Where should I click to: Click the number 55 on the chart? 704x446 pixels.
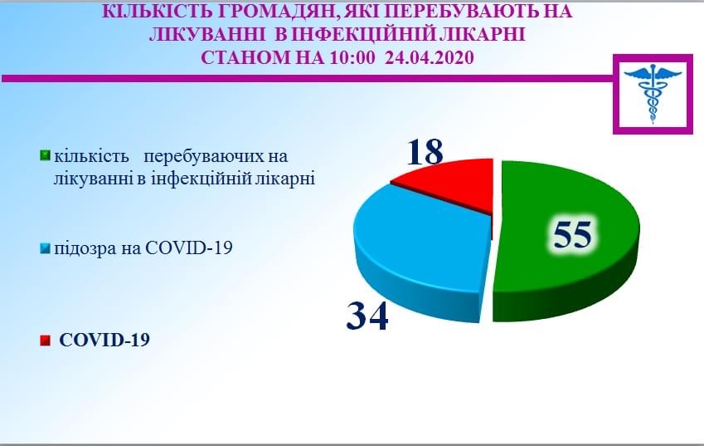pos(572,233)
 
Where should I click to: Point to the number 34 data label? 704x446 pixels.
pos(367,316)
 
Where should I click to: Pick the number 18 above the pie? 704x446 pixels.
pos(425,151)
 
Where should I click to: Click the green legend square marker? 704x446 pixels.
pos(45,155)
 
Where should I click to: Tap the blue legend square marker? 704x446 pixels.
pos(45,248)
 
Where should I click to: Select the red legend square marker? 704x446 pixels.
pos(45,341)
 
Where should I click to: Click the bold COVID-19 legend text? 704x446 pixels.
pos(104,340)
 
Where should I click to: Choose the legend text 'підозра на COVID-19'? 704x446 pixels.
pos(143,248)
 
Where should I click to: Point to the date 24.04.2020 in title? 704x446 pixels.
pos(430,57)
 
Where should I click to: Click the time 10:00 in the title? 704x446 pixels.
pos(352,57)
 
